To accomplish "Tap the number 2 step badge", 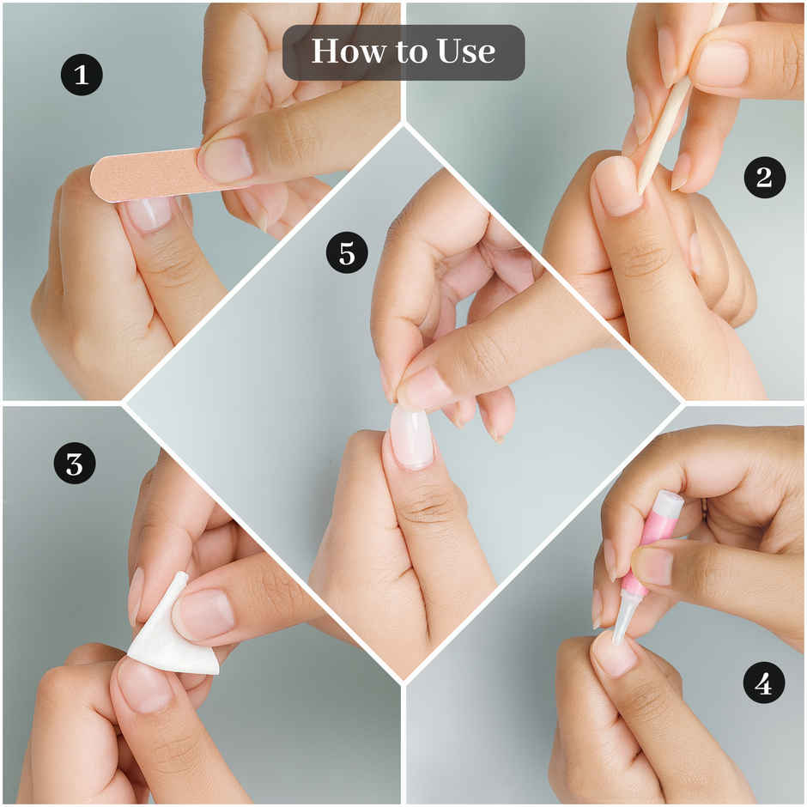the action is coord(764,177).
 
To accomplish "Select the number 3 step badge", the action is coord(75,464).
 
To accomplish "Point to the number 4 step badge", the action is coord(764,683).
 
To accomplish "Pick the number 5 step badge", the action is coord(348,252).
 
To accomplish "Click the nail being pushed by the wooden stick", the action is coord(617,186).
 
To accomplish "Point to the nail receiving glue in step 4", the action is coord(614,653).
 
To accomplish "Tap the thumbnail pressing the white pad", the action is coord(203,614).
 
